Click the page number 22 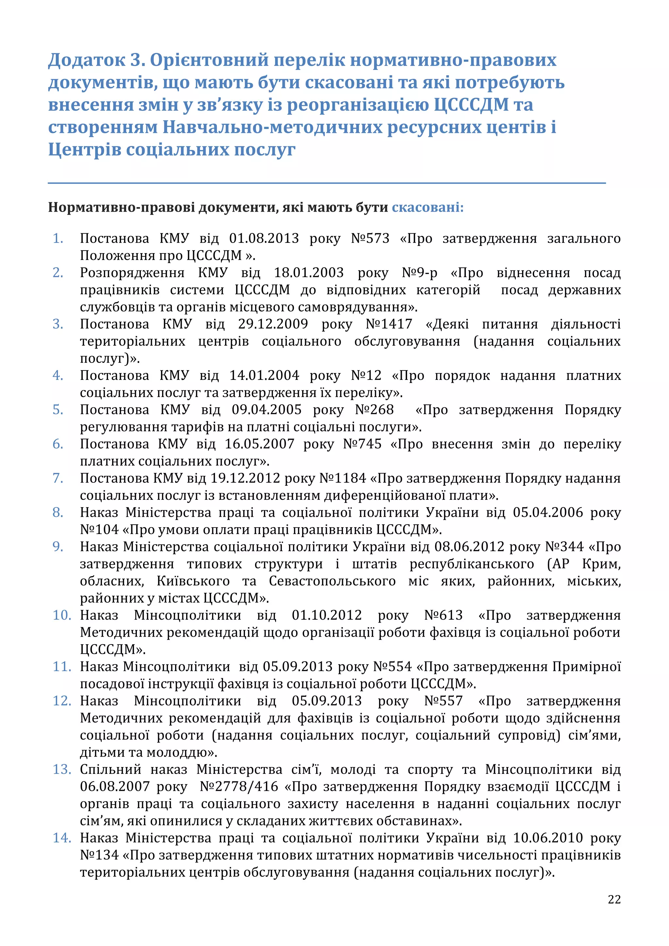point(614,899)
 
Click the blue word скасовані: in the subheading point(427,207)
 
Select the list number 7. point(58,478)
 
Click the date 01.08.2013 point(264,238)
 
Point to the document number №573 point(370,238)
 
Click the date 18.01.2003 point(309,273)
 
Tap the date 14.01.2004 point(264,375)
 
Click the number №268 point(374,410)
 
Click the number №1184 point(342,478)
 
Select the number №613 point(443,615)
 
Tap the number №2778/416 point(239,787)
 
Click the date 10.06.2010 point(547,838)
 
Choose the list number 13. point(62,769)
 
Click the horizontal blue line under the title point(327,183)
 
